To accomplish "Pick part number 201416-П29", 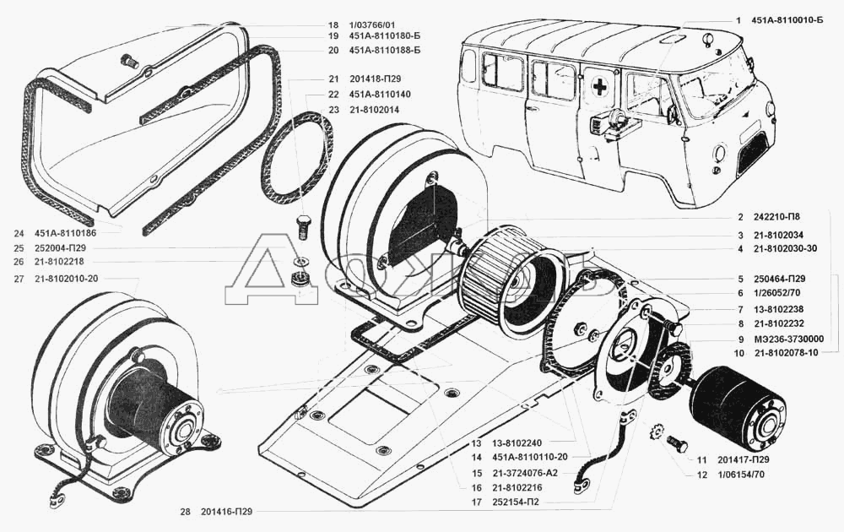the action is coord(225,512).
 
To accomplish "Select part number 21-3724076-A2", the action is coord(525,473).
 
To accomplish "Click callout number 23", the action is coord(333,110).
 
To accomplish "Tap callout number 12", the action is coord(701,475).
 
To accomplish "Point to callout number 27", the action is coord(19,279).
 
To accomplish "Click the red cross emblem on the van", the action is coord(598,85).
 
